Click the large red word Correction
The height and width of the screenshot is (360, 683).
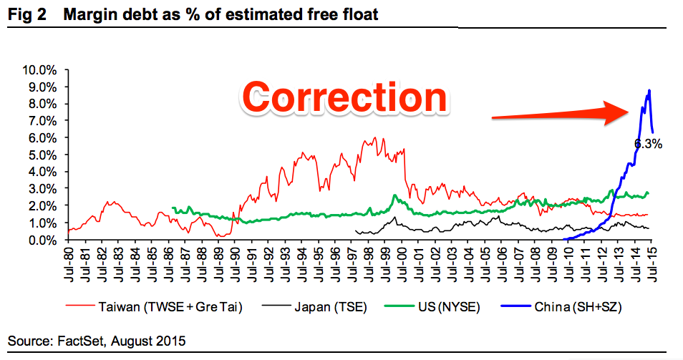[344, 97]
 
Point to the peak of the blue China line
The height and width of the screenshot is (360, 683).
[649, 91]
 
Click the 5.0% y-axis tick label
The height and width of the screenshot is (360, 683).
[42, 155]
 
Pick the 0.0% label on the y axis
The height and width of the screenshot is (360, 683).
[42, 240]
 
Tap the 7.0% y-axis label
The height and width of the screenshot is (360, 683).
[42, 121]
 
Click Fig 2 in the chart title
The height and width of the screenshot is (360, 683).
[27, 14]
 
